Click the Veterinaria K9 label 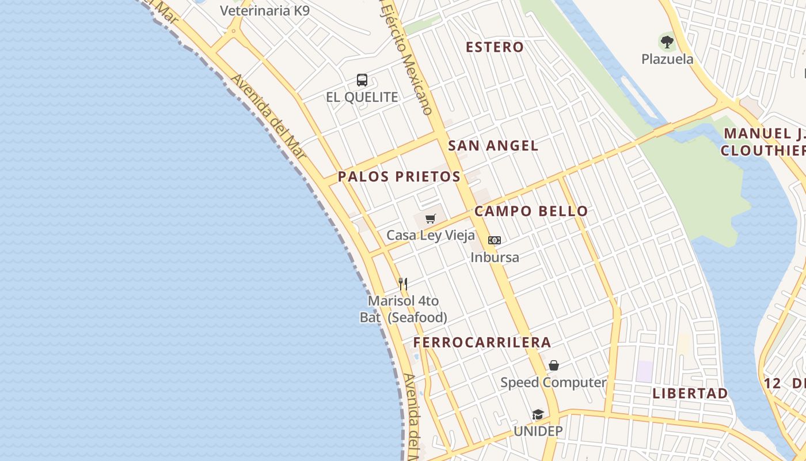(x=265, y=10)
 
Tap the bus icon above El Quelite (x=362, y=80)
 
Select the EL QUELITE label (x=362, y=97)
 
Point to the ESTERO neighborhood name (x=495, y=47)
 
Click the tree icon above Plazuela (x=667, y=41)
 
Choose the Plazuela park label (x=667, y=59)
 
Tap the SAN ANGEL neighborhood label (x=493, y=146)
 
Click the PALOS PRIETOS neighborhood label (x=399, y=176)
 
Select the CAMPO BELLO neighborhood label (x=531, y=211)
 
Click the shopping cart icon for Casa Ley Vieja (x=431, y=218)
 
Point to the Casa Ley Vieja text (x=431, y=235)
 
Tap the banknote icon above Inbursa (x=495, y=240)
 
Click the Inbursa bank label (x=495, y=258)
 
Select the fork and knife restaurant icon (x=403, y=284)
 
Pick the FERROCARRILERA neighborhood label (x=482, y=342)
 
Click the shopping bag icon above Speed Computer (x=553, y=365)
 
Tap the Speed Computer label (x=553, y=382)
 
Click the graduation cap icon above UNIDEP (x=538, y=414)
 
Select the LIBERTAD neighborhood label (x=690, y=394)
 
